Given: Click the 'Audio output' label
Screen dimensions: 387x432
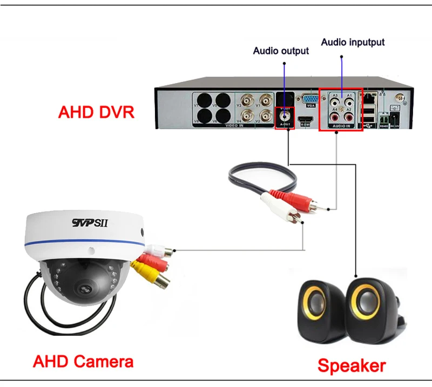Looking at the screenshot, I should pyautogui.click(x=281, y=51).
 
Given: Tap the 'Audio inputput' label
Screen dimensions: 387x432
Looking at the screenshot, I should pyautogui.click(x=353, y=42).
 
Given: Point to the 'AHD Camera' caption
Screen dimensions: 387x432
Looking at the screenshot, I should pyautogui.click(x=83, y=361).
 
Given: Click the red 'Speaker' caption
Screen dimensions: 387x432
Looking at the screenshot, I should pyautogui.click(x=352, y=365).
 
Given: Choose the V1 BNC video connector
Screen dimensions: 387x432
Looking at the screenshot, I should pyautogui.click(x=265, y=100).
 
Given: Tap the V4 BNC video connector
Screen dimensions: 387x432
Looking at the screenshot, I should pyautogui.click(x=248, y=115).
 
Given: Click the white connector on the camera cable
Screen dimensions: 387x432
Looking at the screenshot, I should pyautogui.click(x=162, y=250).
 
